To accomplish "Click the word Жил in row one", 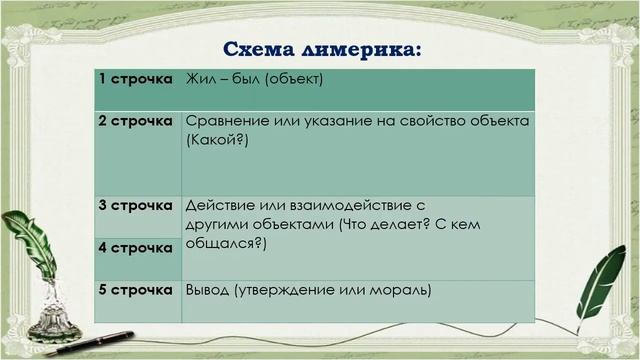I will click(200, 78).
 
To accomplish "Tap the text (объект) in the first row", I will click(293, 78).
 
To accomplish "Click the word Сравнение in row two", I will click(228, 121).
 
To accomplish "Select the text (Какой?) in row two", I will click(216, 141).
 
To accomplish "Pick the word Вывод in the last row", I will click(207, 290).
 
